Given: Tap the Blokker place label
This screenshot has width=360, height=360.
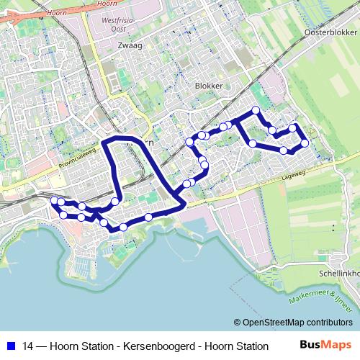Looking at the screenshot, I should pyautogui.click(x=208, y=85).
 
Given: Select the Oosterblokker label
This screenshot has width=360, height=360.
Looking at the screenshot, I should pyautogui.click(x=330, y=33).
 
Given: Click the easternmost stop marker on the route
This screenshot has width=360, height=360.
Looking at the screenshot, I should pyautogui.click(x=305, y=143).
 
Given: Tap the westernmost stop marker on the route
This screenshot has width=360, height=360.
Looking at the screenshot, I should pyautogui.click(x=54, y=199).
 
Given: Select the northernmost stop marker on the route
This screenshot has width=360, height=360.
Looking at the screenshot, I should pyautogui.click(x=256, y=110).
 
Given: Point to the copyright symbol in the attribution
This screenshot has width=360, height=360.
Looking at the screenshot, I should pyautogui.click(x=237, y=323).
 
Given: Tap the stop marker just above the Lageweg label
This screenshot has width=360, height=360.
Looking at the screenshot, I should pyautogui.click(x=284, y=150).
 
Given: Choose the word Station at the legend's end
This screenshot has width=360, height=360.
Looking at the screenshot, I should pyautogui.click(x=251, y=346).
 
